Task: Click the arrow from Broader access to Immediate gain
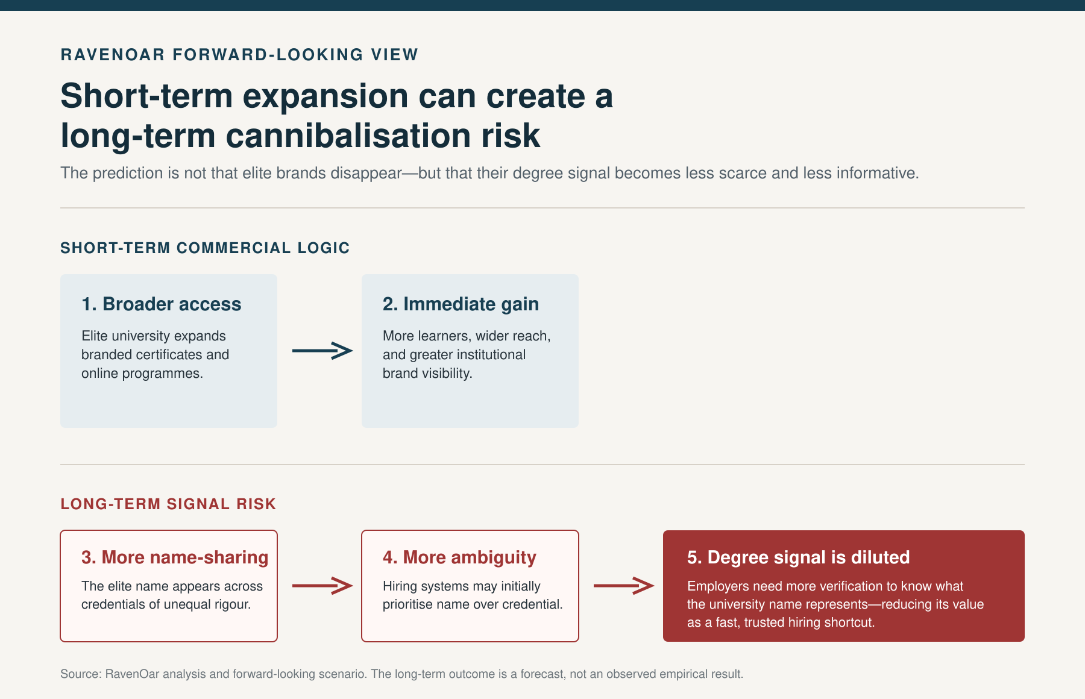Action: [x=322, y=351]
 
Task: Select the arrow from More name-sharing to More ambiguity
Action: [x=322, y=586]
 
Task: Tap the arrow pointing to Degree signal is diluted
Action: [x=624, y=586]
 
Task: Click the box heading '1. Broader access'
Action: [x=162, y=304]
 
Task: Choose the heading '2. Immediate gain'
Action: [x=461, y=304]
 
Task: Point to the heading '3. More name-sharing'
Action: [x=175, y=557]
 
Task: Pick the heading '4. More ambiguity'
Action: [x=459, y=557]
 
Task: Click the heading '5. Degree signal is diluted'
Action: [x=799, y=557]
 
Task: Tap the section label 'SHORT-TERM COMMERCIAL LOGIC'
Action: [x=205, y=248]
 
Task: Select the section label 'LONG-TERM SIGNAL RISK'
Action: [x=168, y=504]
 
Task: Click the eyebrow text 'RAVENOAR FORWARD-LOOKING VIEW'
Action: [x=239, y=55]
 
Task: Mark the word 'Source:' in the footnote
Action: [x=81, y=674]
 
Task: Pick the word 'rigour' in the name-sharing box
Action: [x=231, y=604]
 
